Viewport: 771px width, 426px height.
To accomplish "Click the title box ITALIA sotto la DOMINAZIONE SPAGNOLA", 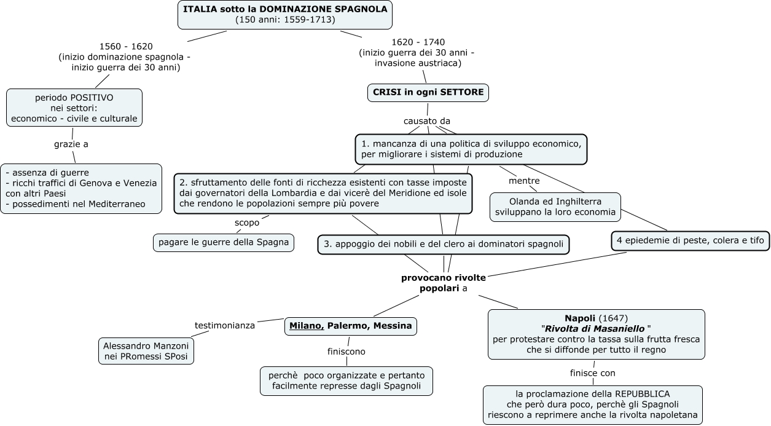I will click(x=285, y=14).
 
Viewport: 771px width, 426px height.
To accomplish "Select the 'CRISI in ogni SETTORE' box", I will click(x=428, y=93).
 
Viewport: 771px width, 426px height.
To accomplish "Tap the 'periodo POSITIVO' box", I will click(x=74, y=108).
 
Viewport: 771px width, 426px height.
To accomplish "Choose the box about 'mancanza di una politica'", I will click(x=471, y=149).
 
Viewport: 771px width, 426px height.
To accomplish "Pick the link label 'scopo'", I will click(x=246, y=223).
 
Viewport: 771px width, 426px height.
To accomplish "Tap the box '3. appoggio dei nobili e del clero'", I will click(x=443, y=244).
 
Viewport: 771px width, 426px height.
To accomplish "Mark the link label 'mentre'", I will click(x=524, y=181).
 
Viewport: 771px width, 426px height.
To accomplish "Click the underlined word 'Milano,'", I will click(x=307, y=326).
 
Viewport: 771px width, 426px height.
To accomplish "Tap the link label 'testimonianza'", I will click(x=224, y=325).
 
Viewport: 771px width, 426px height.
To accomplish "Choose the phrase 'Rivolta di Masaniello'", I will click(x=595, y=328).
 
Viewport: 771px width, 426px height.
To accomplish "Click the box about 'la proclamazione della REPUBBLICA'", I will click(x=593, y=404).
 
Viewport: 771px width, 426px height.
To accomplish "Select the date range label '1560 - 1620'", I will click(x=126, y=46).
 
